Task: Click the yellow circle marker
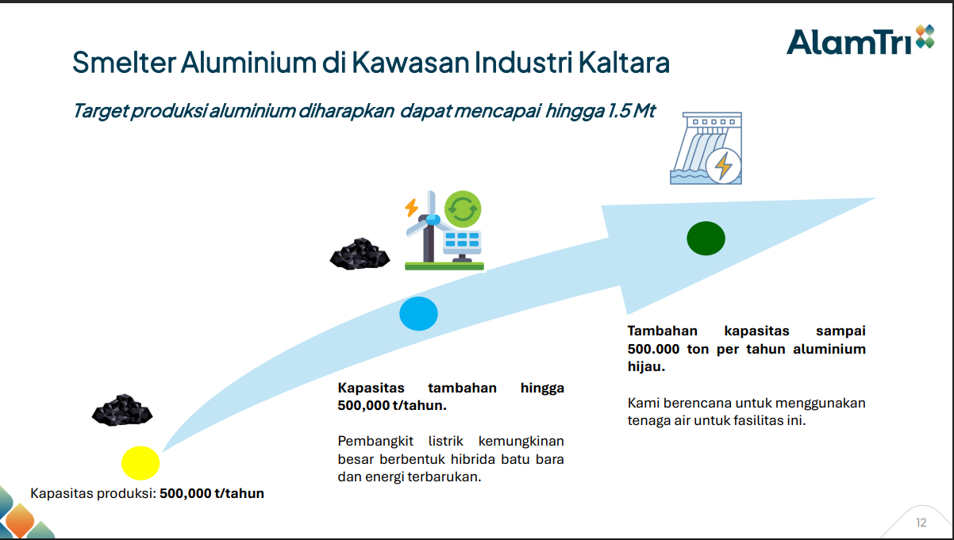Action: pyautogui.click(x=140, y=463)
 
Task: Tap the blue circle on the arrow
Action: pyautogui.click(x=418, y=314)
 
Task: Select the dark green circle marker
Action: pyautogui.click(x=706, y=239)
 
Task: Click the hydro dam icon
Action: pyautogui.click(x=706, y=149)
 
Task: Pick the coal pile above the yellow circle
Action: pyautogui.click(x=121, y=410)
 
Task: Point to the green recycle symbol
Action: pyautogui.click(x=463, y=209)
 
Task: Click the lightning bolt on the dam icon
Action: pyautogui.click(x=724, y=167)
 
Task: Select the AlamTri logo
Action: pyautogui.click(x=860, y=40)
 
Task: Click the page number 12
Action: pyautogui.click(x=921, y=523)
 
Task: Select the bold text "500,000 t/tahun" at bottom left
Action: pyautogui.click(x=212, y=493)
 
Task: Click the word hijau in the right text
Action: pyautogui.click(x=645, y=367)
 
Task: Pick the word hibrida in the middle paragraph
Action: pyautogui.click(x=479, y=459)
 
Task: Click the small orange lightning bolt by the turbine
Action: pyautogui.click(x=411, y=208)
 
